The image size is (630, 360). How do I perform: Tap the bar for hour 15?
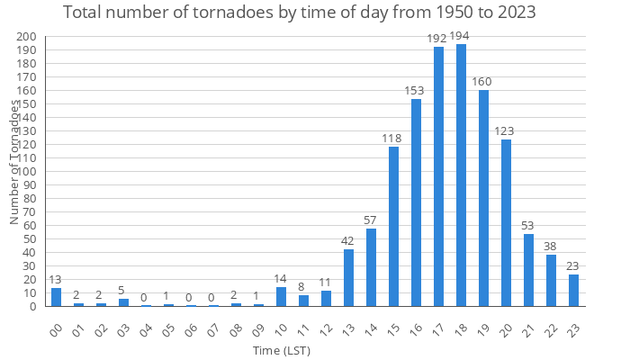393,226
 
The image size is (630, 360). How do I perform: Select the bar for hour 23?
573,290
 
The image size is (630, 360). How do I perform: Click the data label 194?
461,36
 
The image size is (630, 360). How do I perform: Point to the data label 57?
371,220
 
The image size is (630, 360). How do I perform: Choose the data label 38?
551,246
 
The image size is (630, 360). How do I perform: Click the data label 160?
483,82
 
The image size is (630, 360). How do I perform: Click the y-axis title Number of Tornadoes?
14,162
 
